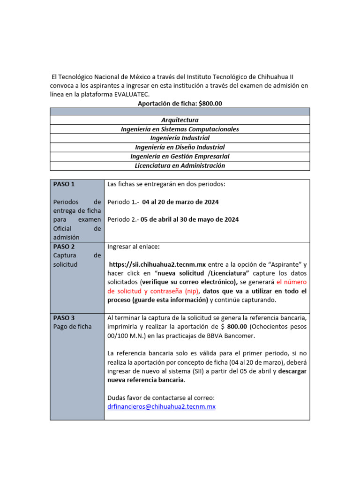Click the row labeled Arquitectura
tap(180, 120)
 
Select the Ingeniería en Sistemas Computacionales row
tap(180, 129)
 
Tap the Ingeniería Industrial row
tap(180, 138)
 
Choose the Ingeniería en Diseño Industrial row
tap(180, 147)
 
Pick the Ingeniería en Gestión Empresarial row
tap(180, 156)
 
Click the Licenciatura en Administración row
tap(180, 165)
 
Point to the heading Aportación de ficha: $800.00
tap(180, 103)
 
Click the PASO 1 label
tap(64, 184)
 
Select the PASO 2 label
tap(64, 247)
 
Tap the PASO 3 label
tap(64, 318)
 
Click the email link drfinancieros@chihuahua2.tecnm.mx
tap(161, 407)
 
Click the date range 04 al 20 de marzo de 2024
tap(180, 202)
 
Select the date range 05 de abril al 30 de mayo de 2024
tap(187, 219)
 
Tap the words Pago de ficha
tap(73, 327)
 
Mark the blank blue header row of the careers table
tap(180, 112)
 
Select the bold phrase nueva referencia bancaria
tap(146, 380)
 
